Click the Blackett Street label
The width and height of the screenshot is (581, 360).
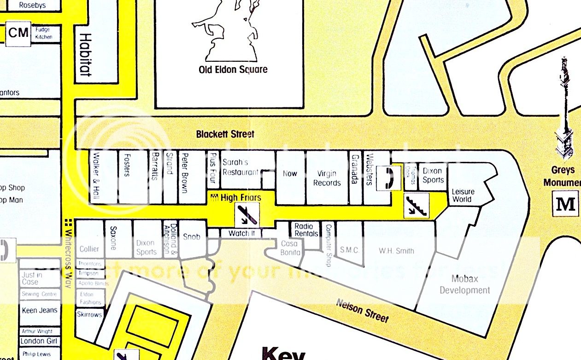click(x=225, y=134)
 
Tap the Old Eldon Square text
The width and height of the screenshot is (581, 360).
click(x=233, y=70)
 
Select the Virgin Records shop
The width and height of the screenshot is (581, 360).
click(x=327, y=178)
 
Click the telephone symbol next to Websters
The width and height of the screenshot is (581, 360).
click(x=386, y=178)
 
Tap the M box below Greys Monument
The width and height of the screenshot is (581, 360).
click(x=565, y=203)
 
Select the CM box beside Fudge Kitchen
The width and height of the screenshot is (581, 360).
click(x=18, y=33)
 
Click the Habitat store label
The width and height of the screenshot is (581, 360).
click(x=84, y=54)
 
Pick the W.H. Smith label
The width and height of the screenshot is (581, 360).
click(x=396, y=251)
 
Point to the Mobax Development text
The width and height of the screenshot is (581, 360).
click(x=464, y=284)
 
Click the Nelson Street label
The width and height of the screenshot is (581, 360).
click(x=362, y=311)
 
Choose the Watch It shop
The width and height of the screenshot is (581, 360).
click(x=241, y=233)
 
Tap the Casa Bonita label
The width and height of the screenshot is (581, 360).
click(x=290, y=248)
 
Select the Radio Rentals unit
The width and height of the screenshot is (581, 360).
click(x=306, y=230)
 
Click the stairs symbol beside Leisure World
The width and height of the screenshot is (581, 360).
click(x=416, y=206)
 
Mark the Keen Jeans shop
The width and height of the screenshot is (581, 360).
click(x=39, y=310)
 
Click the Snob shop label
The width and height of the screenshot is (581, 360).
click(x=192, y=236)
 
